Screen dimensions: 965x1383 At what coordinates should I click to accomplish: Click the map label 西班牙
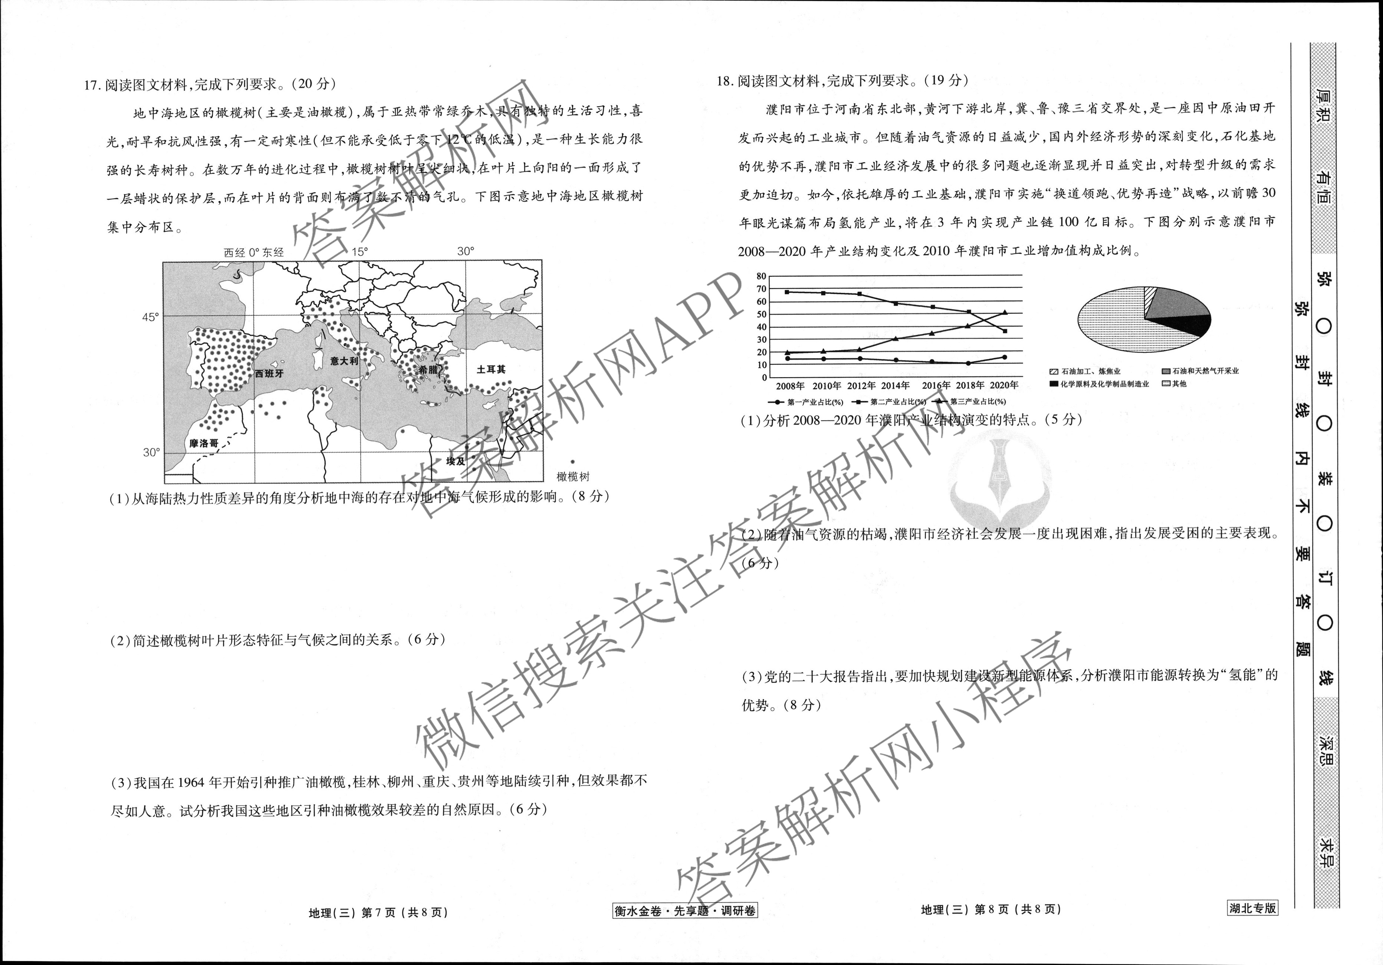click(269, 374)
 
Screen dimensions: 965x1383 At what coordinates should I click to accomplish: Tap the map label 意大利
click(344, 361)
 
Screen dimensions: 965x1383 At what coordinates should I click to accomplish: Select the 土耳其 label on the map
click(491, 370)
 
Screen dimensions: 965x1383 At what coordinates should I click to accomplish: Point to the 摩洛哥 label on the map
click(204, 444)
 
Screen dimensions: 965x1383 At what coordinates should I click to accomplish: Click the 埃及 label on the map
click(456, 461)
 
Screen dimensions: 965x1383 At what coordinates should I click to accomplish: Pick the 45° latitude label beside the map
click(151, 317)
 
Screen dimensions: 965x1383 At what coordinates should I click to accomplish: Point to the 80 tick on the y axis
click(761, 277)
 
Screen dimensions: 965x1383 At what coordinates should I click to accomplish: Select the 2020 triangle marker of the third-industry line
click(1005, 312)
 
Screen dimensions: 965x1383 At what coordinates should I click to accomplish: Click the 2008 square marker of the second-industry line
click(787, 292)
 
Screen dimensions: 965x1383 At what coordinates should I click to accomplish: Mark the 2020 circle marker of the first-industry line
click(1005, 357)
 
